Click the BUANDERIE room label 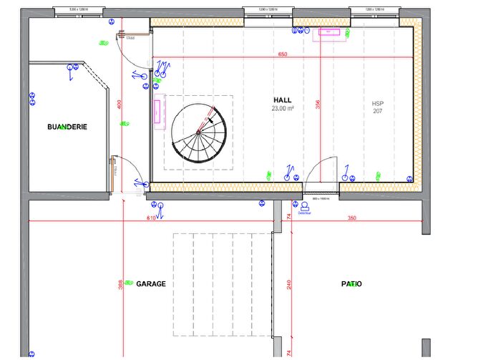click(67, 127)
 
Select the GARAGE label click(151, 283)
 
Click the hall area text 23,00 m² click(283, 109)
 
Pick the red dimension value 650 click(282, 55)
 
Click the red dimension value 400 click(120, 104)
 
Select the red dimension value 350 click(351, 218)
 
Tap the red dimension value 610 click(151, 218)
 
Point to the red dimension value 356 click(318, 102)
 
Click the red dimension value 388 click(120, 284)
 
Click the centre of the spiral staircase click(198, 132)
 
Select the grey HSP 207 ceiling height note click(377, 107)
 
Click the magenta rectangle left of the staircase click(157, 112)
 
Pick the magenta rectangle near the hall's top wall click(330, 31)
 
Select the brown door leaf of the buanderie click(112, 174)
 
